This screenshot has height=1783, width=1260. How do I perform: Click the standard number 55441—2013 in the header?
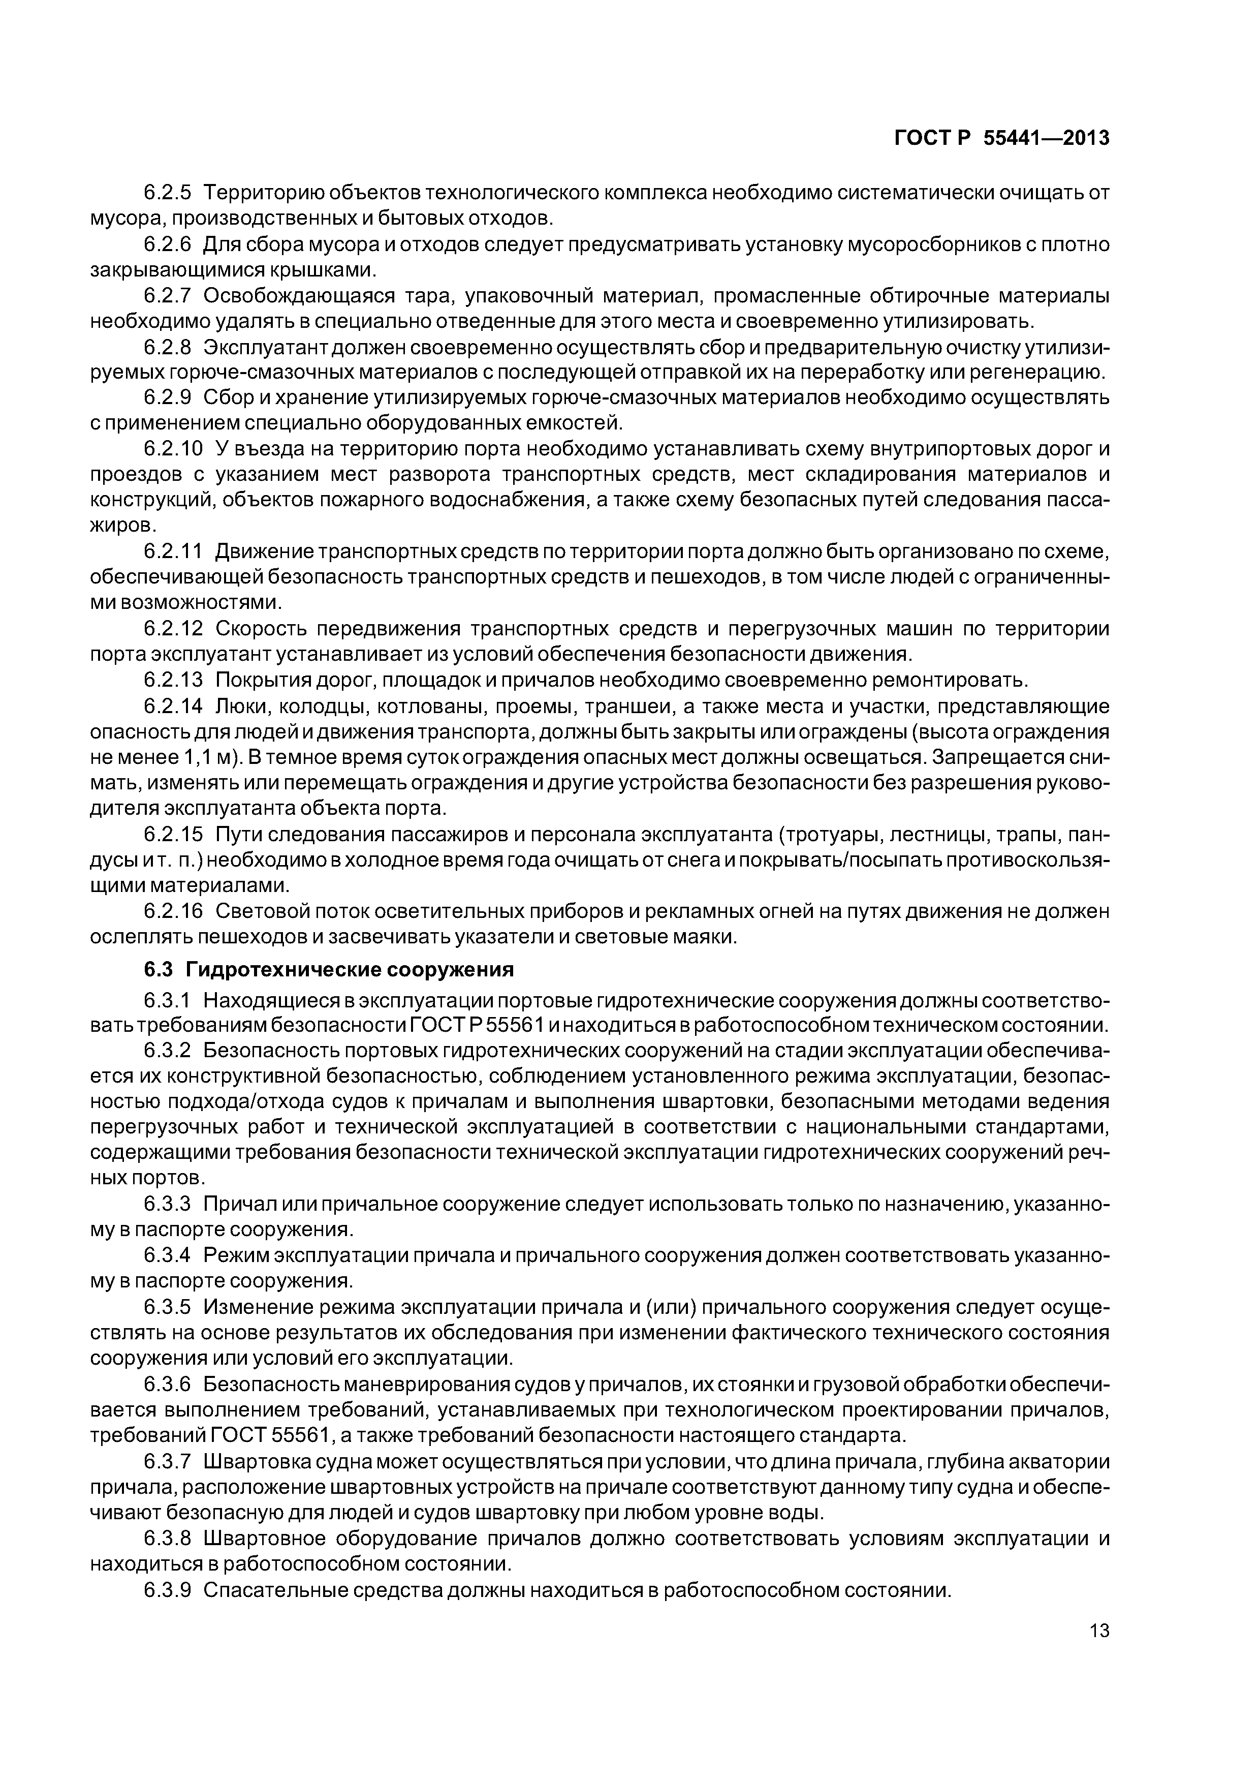coord(1047,138)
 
